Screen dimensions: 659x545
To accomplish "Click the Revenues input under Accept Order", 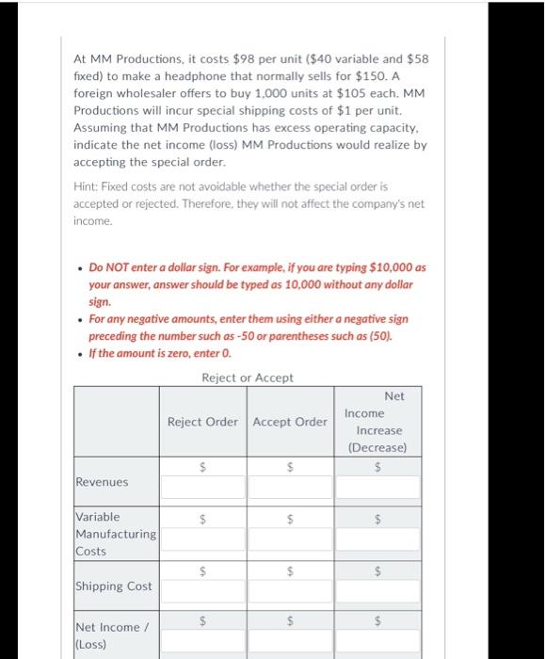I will [x=292, y=487].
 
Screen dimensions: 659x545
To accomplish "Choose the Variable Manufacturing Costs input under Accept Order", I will [x=292, y=538].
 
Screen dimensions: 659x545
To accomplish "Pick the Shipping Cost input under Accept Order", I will [x=292, y=590].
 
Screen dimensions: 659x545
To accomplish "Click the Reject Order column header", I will [x=202, y=421].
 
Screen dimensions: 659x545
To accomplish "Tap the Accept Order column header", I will [x=290, y=421].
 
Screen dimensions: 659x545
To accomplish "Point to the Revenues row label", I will [x=101, y=482].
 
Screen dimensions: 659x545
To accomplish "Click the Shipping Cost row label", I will [x=113, y=586].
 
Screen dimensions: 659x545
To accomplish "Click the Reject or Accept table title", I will [x=248, y=378].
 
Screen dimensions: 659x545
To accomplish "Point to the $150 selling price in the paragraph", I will [x=387, y=76].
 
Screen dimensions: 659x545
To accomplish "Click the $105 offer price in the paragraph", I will [x=330, y=94].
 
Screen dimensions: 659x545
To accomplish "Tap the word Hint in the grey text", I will [x=88, y=186].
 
